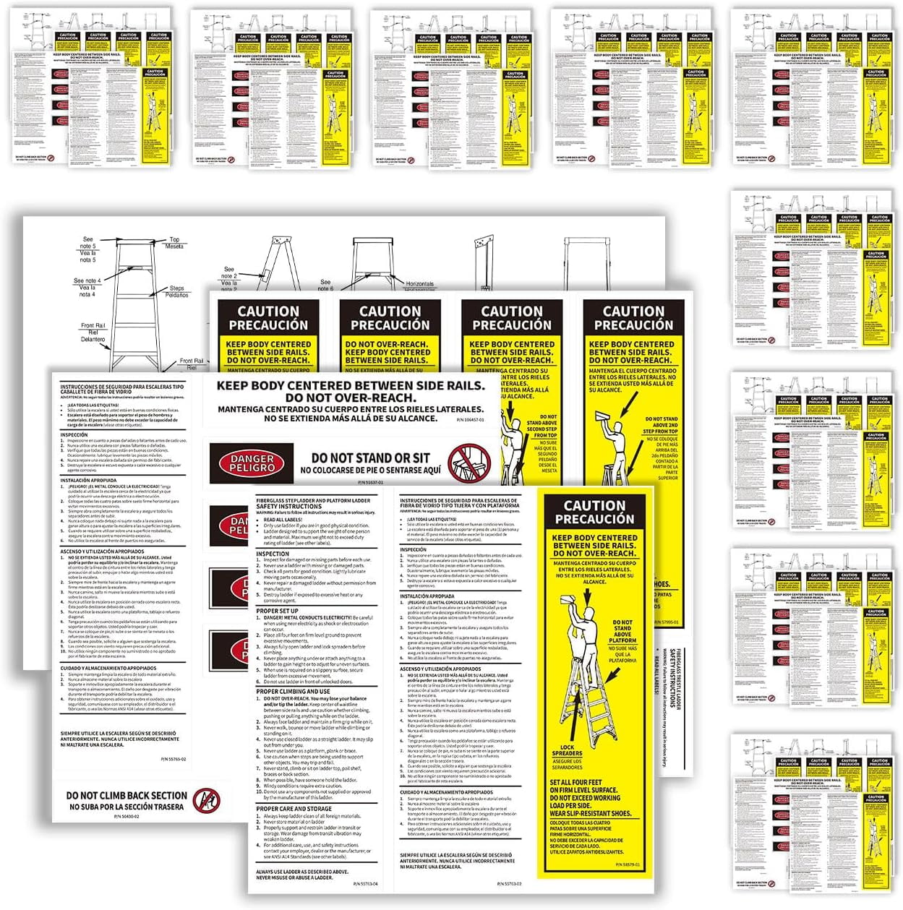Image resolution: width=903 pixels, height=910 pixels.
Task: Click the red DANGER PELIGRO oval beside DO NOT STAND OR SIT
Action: coord(251,463)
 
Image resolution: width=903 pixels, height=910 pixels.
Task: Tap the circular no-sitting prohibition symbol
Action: coord(469,462)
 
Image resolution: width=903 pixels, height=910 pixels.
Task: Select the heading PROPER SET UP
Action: coord(278,611)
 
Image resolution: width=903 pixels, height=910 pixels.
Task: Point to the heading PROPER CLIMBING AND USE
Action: coord(293,692)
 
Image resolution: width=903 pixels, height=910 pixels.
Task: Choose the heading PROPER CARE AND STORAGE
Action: coord(294,809)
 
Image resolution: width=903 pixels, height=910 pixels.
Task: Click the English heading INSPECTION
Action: coord(273,554)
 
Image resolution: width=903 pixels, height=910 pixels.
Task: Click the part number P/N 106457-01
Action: coord(471,419)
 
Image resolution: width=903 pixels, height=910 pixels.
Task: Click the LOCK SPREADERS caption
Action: coord(567,751)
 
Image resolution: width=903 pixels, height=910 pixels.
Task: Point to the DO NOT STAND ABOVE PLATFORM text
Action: coord(622,631)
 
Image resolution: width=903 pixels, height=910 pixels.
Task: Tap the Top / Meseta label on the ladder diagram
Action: coord(175,243)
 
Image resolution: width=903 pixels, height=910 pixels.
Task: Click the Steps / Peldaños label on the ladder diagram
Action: coord(177,292)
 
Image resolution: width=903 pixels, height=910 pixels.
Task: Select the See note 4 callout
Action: coord(87,280)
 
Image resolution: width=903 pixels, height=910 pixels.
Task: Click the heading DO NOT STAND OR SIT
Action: coord(370,458)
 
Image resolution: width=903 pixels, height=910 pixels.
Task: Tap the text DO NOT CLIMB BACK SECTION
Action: coord(126,795)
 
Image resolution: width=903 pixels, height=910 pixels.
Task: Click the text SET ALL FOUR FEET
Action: coord(575,782)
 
